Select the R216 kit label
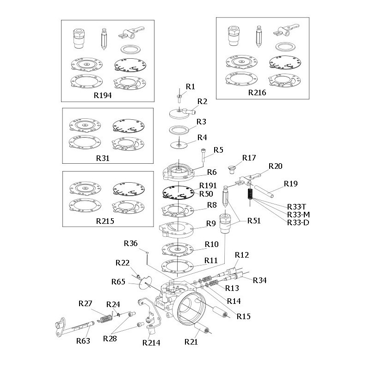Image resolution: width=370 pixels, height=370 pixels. (x=257, y=92)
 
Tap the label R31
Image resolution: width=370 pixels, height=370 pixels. (x=102, y=158)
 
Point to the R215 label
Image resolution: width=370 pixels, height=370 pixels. (x=105, y=221)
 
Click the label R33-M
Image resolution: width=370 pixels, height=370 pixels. (x=297, y=214)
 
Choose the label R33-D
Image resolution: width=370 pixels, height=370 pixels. (x=297, y=222)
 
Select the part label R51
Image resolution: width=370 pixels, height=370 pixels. (x=253, y=221)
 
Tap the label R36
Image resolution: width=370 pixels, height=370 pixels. (x=131, y=244)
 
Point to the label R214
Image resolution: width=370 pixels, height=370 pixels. (x=151, y=343)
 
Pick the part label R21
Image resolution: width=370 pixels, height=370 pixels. (x=191, y=342)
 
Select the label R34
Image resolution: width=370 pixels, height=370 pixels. (x=260, y=280)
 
